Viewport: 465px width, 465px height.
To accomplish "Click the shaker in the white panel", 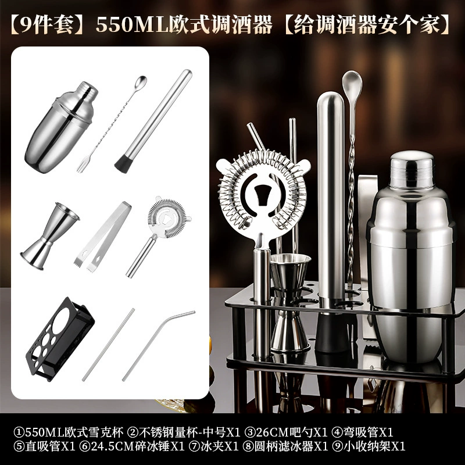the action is pyautogui.click(x=61, y=127).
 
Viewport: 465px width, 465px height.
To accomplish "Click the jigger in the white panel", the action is pyautogui.click(x=50, y=237).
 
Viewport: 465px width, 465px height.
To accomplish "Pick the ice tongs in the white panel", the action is pyautogui.click(x=103, y=236).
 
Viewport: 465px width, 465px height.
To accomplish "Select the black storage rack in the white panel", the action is pyautogui.click(x=60, y=339).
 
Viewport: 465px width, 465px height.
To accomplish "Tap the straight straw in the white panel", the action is pyautogui.click(x=108, y=345).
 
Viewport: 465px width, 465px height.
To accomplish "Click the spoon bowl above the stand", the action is pyautogui.click(x=352, y=85).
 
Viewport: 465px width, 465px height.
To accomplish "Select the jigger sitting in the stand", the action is pyautogui.click(x=289, y=302).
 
